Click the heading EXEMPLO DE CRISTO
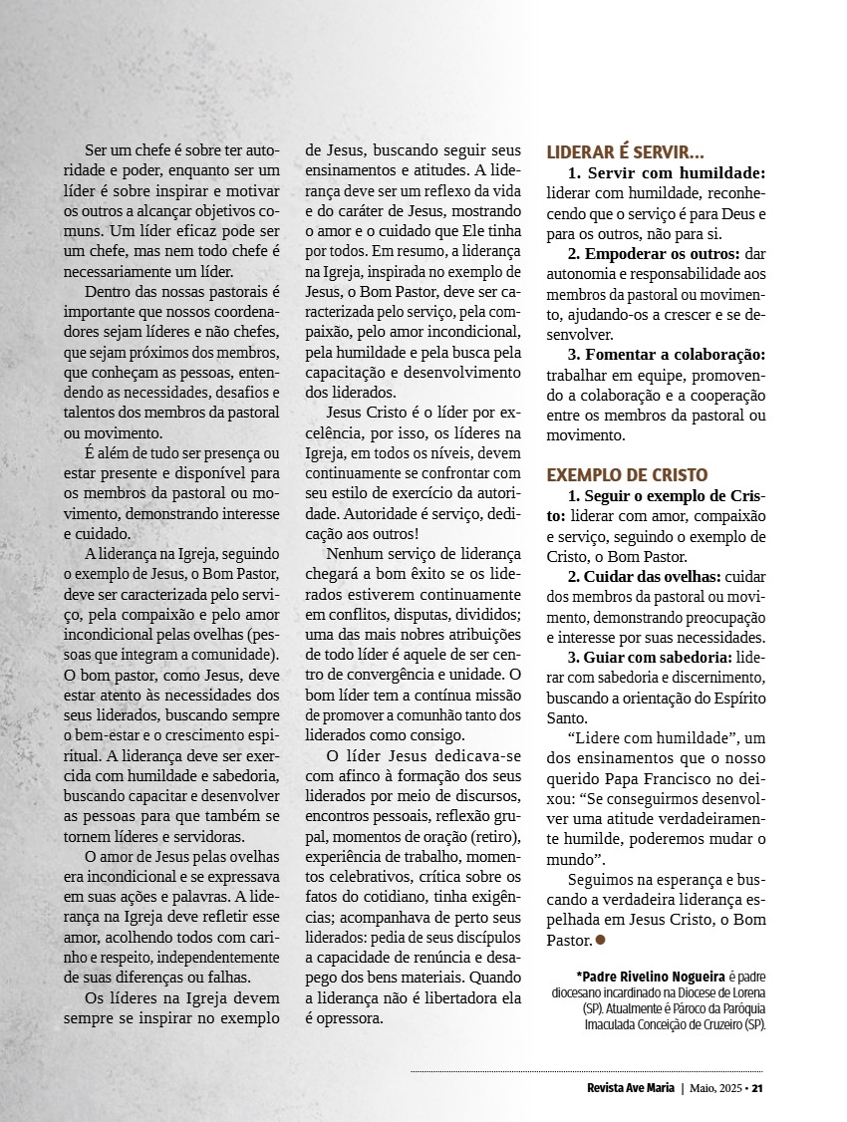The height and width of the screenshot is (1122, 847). (x=627, y=474)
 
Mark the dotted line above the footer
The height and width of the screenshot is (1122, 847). (x=588, y=1072)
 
